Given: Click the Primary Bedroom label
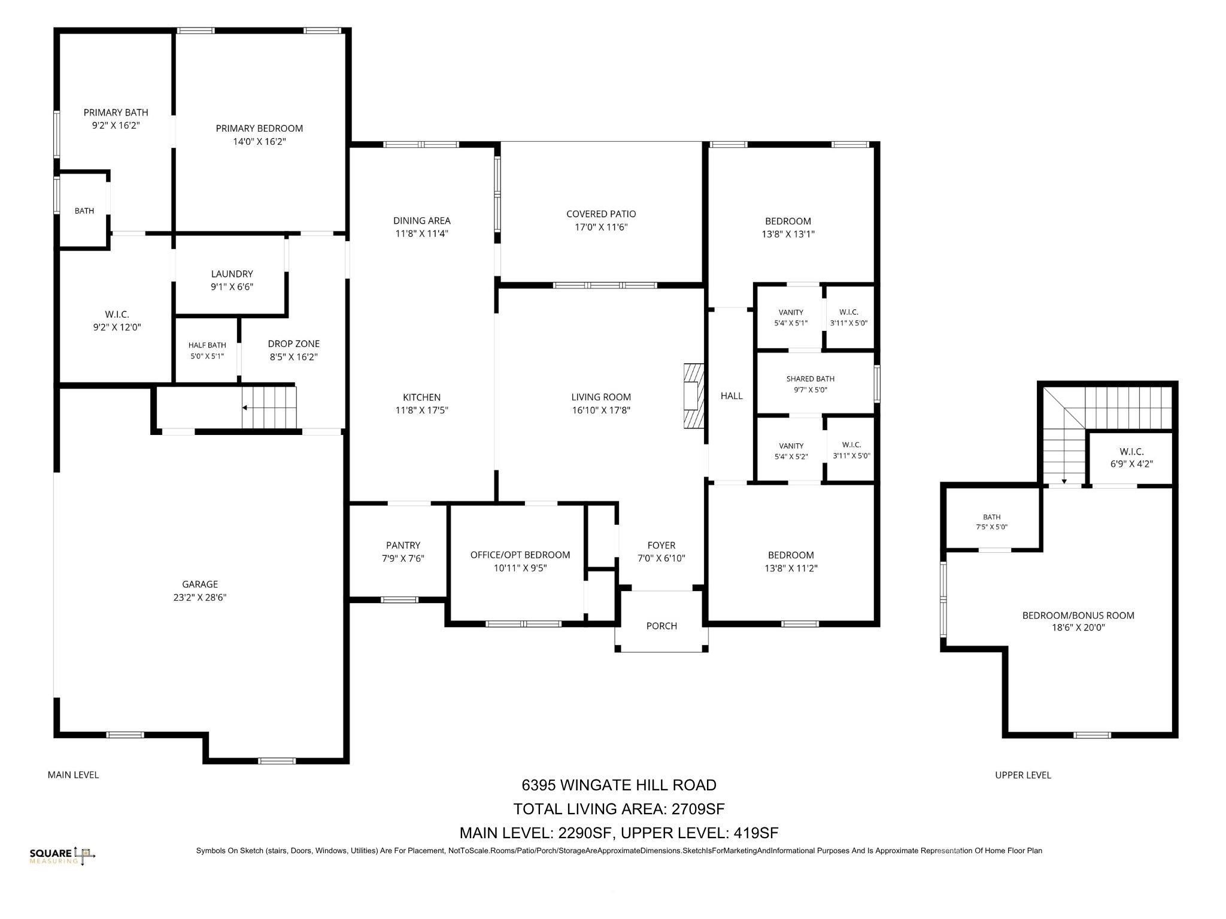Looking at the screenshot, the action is pos(259,128).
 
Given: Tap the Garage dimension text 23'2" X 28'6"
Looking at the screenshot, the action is pos(200,597).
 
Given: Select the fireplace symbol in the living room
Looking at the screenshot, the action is pos(694,395).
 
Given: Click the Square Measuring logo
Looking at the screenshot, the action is pos(62,856).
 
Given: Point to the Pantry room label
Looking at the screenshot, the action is pos(403,545).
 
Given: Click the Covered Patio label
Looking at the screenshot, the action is pos(601,214).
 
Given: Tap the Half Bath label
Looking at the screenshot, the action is pos(207,345).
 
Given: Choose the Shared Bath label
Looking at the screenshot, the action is pos(810,379).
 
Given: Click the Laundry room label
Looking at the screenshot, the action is pos(232,274).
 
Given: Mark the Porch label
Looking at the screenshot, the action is pos(661,626).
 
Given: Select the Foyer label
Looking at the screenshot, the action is pos(661,545).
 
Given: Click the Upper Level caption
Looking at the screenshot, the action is pos(1022,775).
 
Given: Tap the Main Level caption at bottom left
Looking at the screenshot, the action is pos(73,775).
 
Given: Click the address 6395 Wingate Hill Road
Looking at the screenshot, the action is pos(619,785).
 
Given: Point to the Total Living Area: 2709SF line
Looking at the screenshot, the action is pos(619,809).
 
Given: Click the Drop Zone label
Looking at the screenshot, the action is pos(293,343).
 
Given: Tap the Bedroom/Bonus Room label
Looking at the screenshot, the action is pos(1078,615).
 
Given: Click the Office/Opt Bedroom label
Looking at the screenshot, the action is pos(520,555).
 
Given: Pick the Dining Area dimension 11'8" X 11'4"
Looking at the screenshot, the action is pos(421,234).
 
